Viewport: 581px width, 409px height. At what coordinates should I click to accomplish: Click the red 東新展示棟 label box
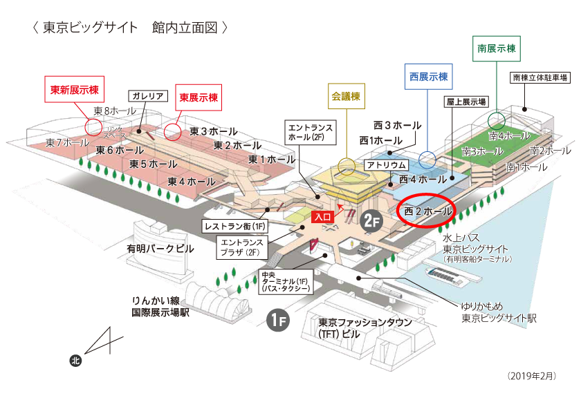point(74,90)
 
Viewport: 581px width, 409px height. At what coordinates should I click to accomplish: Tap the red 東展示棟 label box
point(199,98)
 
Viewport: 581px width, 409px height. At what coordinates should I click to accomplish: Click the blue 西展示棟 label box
point(428,77)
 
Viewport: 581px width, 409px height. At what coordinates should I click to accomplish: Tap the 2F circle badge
point(371,220)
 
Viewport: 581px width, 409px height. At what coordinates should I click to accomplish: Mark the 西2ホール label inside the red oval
point(427,209)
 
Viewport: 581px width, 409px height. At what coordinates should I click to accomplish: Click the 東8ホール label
point(115,111)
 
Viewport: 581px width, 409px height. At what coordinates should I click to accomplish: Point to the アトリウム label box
point(385,166)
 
